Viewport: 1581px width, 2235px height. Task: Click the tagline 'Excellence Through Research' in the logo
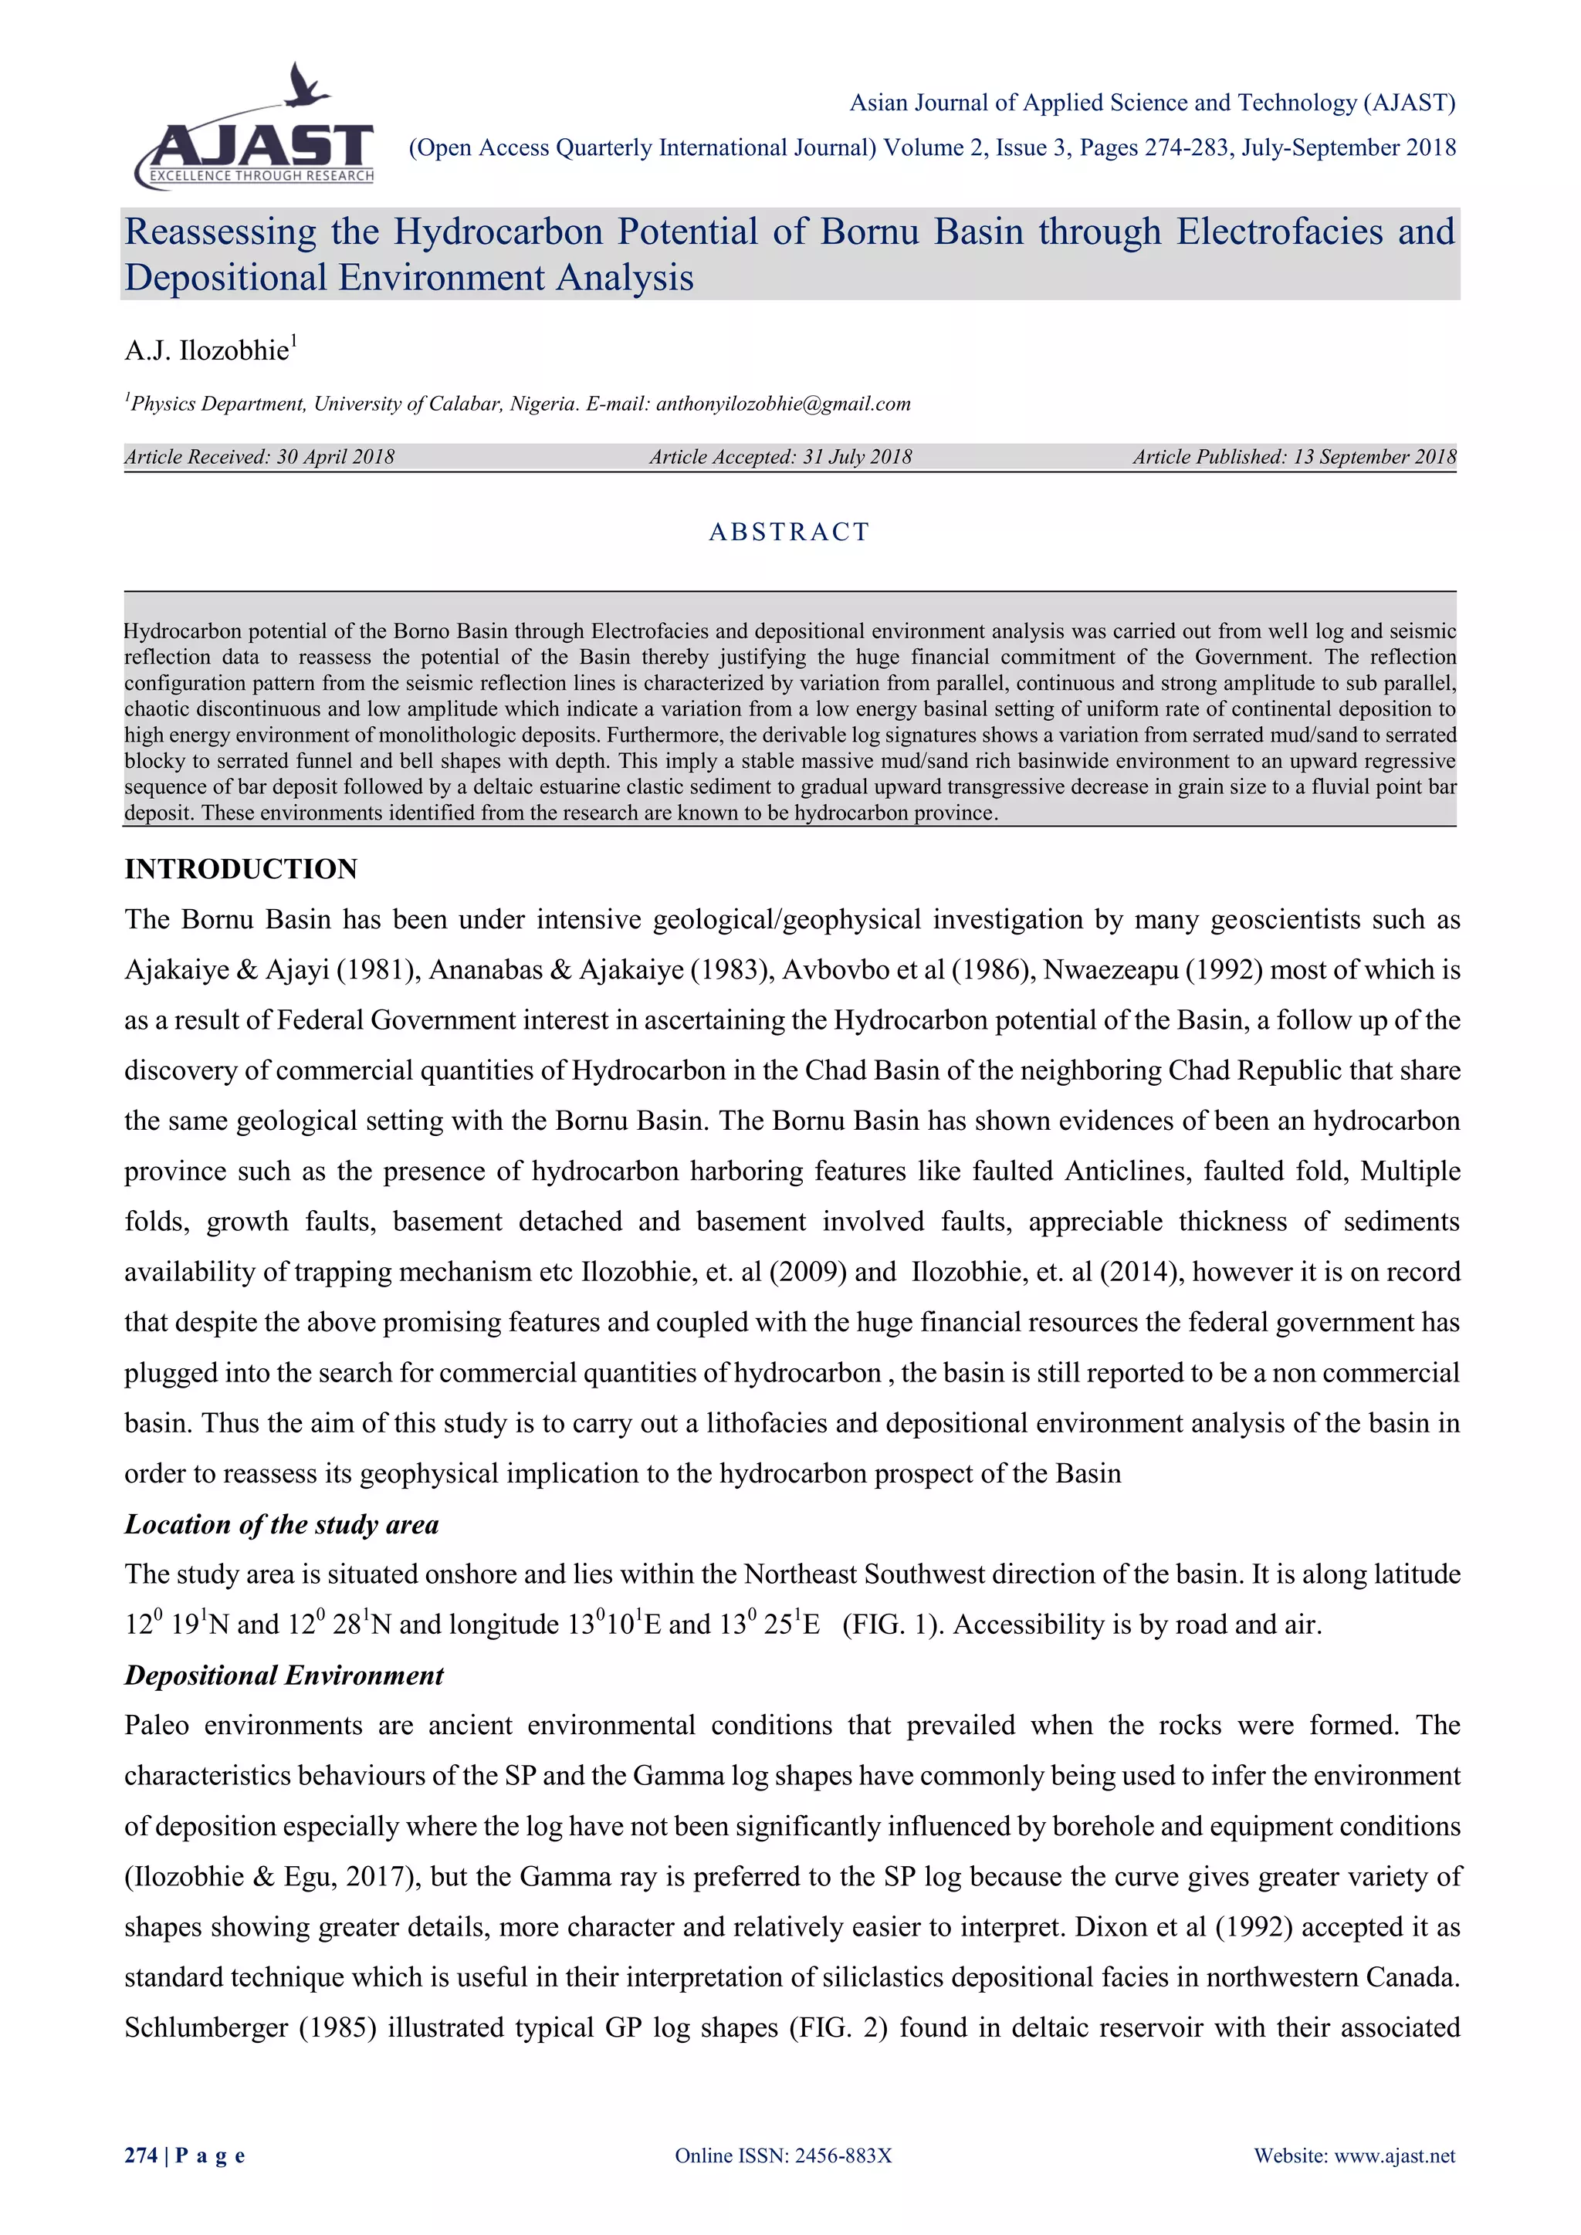click(x=261, y=176)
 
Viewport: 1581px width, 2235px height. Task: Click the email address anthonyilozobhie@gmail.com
click(x=783, y=404)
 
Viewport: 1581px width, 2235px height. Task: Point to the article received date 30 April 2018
click(x=335, y=457)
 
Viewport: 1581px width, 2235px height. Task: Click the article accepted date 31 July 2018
click(x=857, y=457)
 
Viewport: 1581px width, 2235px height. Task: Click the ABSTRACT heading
click(x=790, y=532)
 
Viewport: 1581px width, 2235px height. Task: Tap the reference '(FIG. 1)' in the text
click(x=892, y=1625)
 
